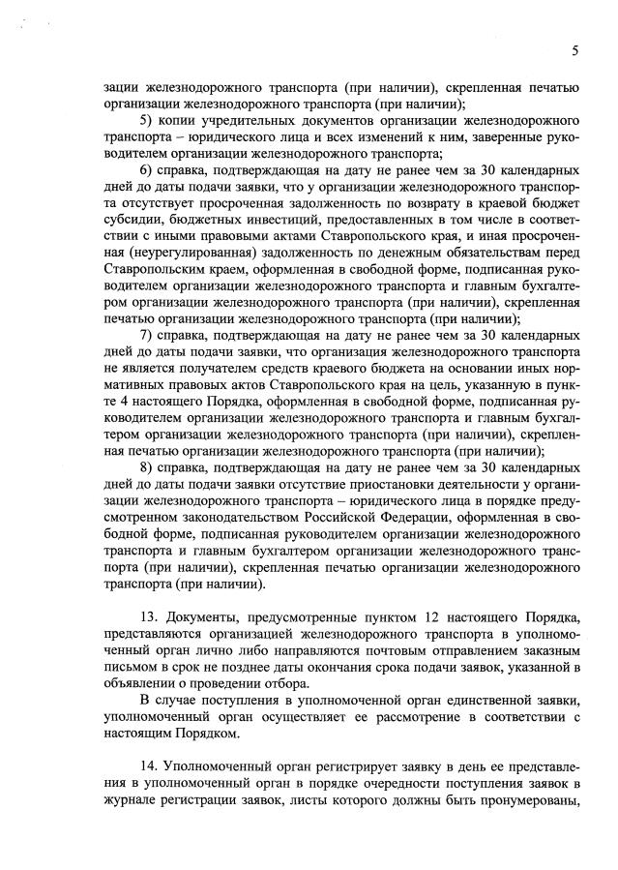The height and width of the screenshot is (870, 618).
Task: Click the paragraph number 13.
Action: [x=149, y=618]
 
